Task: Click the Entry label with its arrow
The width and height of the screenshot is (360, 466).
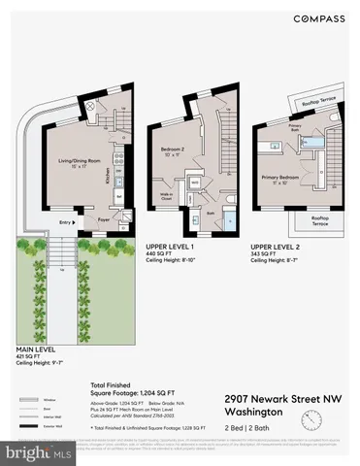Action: [67, 220]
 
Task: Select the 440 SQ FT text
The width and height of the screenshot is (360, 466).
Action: [159, 254]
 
